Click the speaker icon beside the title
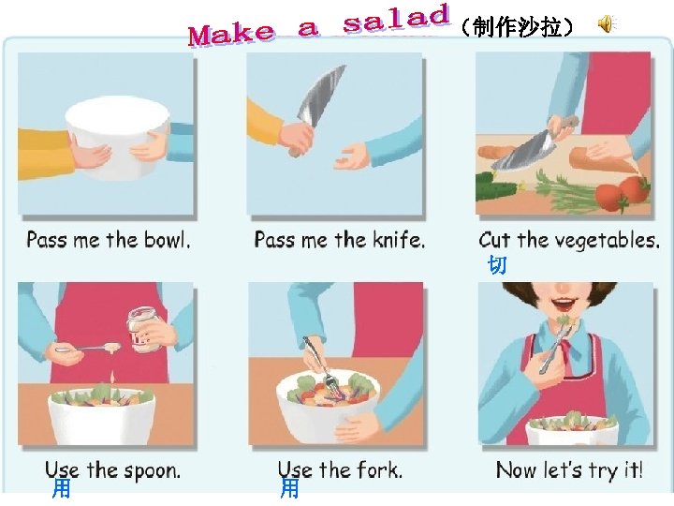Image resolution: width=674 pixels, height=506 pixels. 607,24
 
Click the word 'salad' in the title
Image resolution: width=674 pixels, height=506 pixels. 396,19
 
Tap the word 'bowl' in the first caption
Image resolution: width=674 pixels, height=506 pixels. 167,240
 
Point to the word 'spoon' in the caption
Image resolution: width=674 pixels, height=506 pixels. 152,470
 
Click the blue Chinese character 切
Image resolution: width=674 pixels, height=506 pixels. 497,264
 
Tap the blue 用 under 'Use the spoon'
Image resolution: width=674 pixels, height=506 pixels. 61,489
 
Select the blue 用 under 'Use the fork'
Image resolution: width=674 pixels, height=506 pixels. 289,489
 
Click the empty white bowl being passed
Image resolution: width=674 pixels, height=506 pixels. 117,137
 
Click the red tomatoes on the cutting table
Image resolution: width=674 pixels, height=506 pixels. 623,194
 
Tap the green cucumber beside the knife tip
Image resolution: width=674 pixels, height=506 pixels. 496,186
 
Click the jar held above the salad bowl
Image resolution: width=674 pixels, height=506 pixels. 143,329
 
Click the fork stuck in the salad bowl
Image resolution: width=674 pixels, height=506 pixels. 319,365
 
